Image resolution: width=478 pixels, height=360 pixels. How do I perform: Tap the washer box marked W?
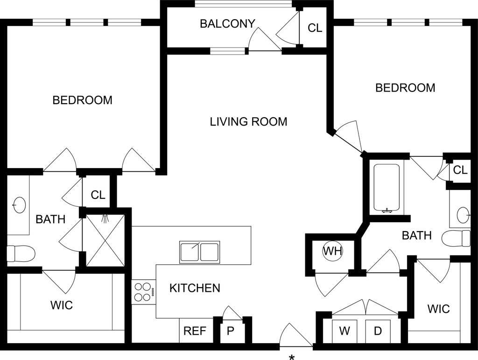(344, 332)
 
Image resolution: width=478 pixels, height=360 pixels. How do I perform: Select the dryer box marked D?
(378, 332)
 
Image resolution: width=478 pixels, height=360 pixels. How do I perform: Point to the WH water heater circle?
(332, 251)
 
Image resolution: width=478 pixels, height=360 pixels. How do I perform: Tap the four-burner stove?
(142, 291)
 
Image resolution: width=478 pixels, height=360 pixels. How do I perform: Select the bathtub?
(387, 187)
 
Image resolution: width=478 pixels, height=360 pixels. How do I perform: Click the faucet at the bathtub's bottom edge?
(387, 211)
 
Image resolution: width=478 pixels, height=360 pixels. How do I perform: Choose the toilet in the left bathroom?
(21, 254)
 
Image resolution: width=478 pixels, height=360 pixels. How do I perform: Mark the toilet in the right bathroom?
(456, 238)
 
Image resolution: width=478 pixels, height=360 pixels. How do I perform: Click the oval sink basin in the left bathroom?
(20, 205)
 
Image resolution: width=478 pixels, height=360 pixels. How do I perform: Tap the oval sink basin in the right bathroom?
(463, 215)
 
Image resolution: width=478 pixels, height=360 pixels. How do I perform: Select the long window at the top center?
(243, 4)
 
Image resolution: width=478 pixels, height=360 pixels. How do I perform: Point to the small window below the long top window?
(227, 50)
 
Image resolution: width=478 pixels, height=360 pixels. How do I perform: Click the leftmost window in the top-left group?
(49, 22)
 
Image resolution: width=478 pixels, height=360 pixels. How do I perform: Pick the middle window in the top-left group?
(87, 22)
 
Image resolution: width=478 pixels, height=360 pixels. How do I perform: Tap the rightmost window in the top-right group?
(446, 22)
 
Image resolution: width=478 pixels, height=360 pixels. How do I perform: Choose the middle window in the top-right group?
(408, 22)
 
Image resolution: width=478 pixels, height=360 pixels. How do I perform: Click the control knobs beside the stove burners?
(154, 291)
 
